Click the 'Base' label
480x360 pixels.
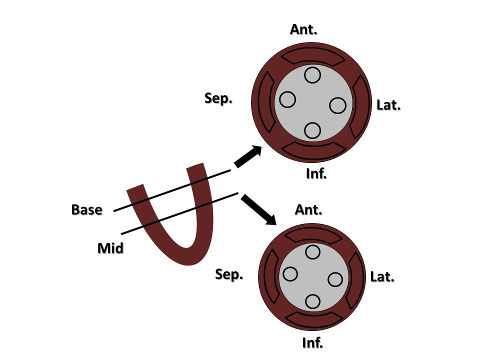tap(86, 209)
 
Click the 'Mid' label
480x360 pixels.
tap(110, 247)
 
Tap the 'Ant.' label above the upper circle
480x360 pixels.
tap(303, 29)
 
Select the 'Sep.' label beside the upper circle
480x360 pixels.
tap(218, 98)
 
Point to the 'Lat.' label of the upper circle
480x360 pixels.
tap(388, 105)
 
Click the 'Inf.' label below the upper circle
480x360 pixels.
tap(316, 174)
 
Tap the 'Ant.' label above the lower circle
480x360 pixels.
tap(308, 209)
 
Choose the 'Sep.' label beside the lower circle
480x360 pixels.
tap(229, 274)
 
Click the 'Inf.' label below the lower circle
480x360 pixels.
tap(313, 343)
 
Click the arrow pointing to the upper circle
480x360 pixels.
tap(248, 157)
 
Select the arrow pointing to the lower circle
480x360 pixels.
tap(258, 209)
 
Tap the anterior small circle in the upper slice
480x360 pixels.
tap(312, 75)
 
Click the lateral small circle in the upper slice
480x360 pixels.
tap(337, 105)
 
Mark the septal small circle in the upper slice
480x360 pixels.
tap(287, 99)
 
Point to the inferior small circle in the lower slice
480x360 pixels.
tap(312, 301)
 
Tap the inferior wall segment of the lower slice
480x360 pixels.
tap(312, 319)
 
